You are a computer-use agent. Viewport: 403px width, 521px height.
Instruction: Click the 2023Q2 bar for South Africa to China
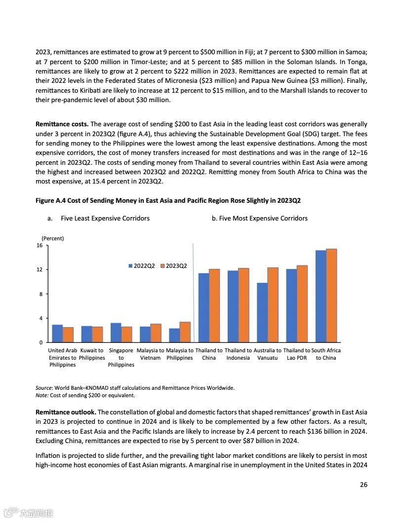point(331,296)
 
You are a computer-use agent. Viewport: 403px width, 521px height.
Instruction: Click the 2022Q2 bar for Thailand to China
point(203,308)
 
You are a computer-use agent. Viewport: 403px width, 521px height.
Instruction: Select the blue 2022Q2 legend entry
point(142,266)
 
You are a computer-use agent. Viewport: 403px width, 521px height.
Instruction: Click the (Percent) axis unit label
point(52,238)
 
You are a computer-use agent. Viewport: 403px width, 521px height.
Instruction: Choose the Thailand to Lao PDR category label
point(297,354)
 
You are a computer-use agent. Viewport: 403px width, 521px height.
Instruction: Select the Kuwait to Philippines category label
point(92,354)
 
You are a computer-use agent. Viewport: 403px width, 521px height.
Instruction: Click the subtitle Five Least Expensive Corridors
point(105,218)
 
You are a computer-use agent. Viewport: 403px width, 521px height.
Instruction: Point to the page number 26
point(363,484)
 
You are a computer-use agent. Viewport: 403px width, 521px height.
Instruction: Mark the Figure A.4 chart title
point(168,201)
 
